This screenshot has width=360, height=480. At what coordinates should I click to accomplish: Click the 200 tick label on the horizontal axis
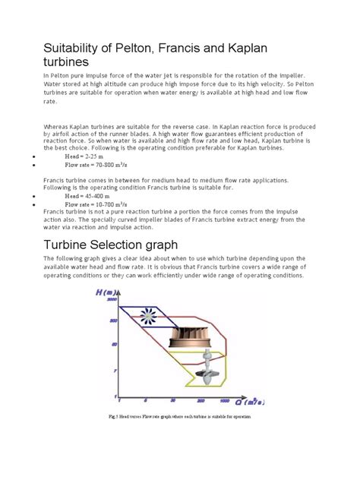[x=199, y=401]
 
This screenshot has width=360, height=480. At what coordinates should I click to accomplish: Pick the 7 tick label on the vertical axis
[x=114, y=370]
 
